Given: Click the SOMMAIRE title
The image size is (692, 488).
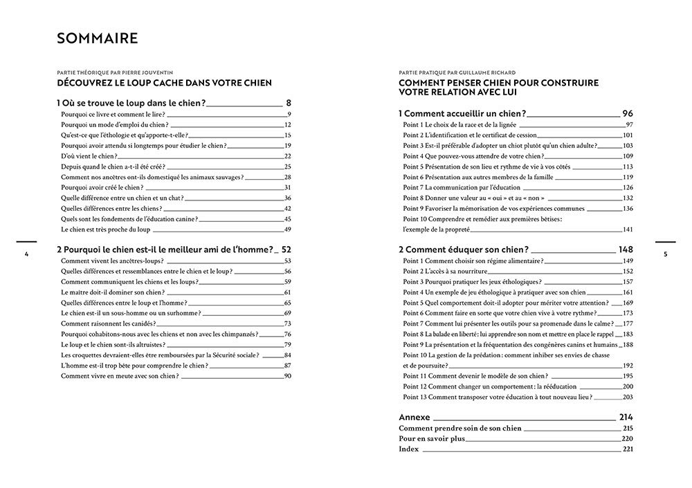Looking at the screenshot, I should (x=98, y=39).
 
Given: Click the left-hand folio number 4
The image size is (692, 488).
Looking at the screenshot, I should (x=26, y=254).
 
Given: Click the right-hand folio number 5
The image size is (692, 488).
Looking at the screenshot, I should (x=665, y=254).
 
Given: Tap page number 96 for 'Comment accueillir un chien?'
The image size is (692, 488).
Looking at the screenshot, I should (x=627, y=113).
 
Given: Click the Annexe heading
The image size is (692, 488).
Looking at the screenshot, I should (x=415, y=417).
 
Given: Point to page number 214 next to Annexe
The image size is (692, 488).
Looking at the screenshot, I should (x=626, y=417).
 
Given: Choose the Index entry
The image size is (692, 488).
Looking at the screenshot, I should (x=408, y=449).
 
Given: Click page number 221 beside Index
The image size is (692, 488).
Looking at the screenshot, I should (x=628, y=449).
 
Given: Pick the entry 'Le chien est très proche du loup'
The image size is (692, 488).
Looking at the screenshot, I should (x=106, y=229).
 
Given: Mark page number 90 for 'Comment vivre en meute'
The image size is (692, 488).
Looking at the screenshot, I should (x=287, y=376).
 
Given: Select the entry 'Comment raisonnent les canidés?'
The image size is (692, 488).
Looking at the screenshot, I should (x=107, y=323).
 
